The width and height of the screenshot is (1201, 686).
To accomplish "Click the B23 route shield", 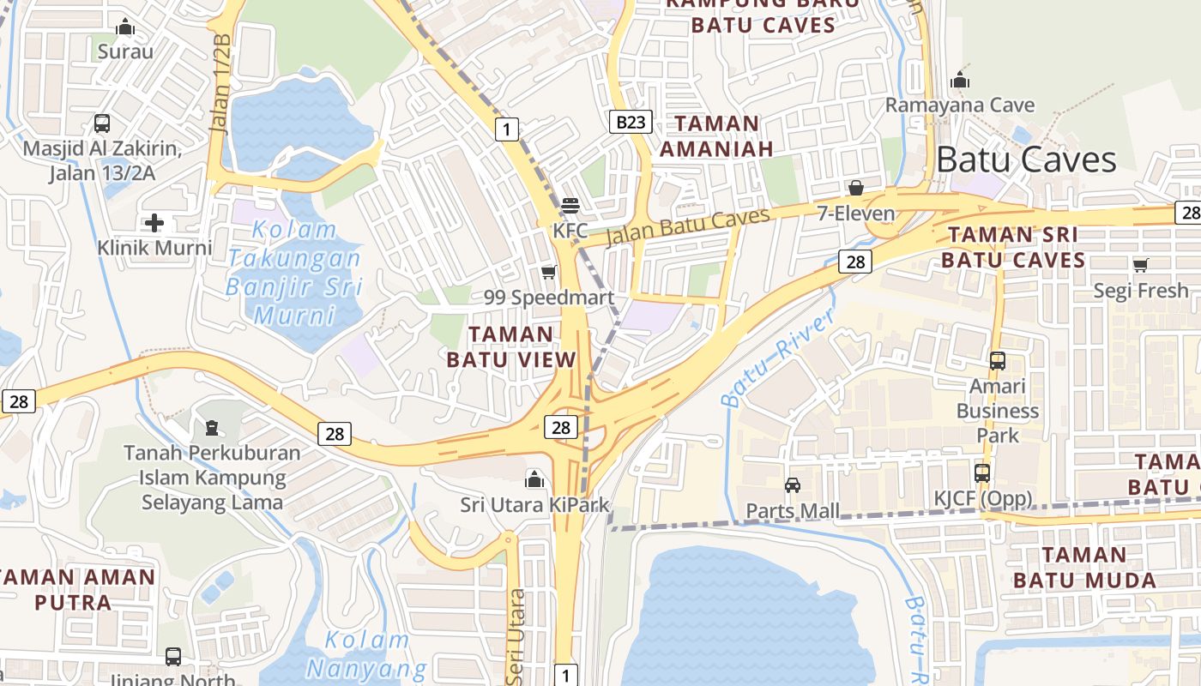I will point(631,122).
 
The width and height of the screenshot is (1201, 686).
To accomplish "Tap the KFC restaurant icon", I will point(570,206).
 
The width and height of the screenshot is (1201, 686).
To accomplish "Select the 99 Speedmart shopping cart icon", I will point(548,273).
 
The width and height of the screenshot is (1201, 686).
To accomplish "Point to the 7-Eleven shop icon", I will point(855,188).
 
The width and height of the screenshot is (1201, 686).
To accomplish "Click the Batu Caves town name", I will point(1026,160).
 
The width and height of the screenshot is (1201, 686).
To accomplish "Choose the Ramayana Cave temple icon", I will point(960,81).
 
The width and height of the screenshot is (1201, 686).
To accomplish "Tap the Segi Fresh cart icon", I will point(1140,265).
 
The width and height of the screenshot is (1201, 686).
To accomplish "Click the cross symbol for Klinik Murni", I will point(154,224).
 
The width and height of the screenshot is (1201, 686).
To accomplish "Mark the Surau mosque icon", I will point(125,27).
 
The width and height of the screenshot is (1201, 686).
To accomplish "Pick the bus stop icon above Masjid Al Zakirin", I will point(102,123).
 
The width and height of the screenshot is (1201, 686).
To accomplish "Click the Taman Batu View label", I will point(511,346).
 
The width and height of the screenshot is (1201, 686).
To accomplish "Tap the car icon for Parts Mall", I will point(793,485).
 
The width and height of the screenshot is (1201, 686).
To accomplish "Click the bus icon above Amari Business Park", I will point(998,361).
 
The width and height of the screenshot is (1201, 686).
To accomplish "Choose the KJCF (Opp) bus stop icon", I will point(982,472).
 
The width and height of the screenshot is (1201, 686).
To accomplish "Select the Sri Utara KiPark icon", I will point(534,478).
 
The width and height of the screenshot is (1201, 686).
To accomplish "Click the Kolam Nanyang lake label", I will point(367,653).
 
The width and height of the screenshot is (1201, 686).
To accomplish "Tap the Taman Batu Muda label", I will point(1084,567).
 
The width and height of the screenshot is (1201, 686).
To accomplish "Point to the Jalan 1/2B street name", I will point(220,83).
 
